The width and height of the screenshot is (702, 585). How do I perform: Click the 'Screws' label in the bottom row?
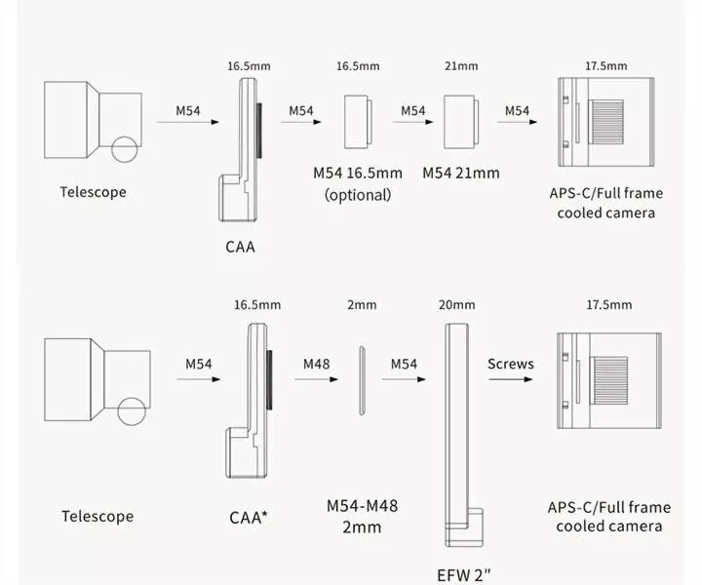coord(511,364)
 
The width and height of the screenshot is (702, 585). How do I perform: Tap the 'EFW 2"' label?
coord(464,573)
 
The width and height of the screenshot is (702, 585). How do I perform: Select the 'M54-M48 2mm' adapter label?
coord(361,516)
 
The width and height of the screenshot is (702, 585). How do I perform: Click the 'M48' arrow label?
coord(316,364)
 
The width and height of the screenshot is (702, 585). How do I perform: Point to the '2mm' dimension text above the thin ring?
coord(362,305)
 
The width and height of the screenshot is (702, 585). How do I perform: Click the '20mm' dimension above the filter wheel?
coord(457,305)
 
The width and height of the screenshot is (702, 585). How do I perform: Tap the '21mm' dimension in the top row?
coord(460,66)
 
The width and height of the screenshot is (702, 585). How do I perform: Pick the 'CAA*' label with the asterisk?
coord(250,516)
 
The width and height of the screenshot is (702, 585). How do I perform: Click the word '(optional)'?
coord(357,194)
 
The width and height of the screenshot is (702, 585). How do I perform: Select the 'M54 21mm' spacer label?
coord(460,173)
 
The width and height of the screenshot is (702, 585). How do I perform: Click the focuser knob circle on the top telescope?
coord(124,150)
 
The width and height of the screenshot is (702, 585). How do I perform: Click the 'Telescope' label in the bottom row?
coord(97,516)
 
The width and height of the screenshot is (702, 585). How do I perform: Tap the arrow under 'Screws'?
coord(511,383)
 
